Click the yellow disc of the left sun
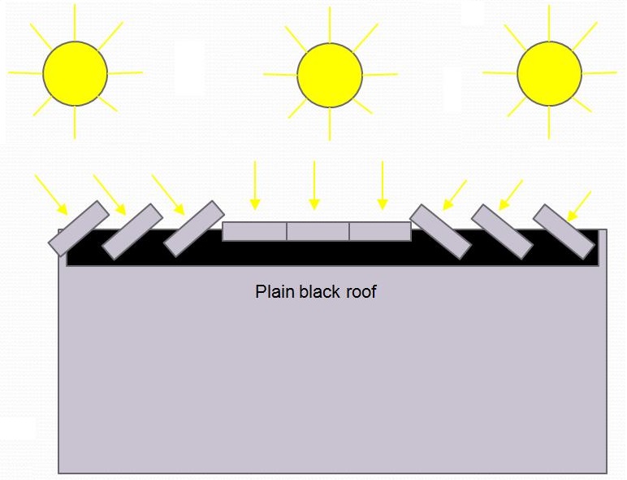tap(76, 73)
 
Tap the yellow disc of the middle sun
tap(330, 75)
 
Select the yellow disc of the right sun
tap(549, 73)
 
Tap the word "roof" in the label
tap(361, 291)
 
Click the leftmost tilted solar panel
tap(78, 229)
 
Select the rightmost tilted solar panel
tap(564, 232)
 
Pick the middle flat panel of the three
tap(318, 232)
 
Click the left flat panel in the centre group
tap(254, 232)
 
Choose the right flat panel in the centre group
tap(380, 232)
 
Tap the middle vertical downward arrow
tap(314, 185)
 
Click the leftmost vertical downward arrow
tap(255, 185)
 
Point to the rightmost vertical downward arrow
tap(383, 185)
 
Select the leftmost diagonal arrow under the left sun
tap(51, 194)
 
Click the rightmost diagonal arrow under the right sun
tap(579, 207)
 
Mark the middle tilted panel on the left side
tap(132, 232)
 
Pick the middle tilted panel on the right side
tap(502, 232)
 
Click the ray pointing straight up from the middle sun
tap(330, 24)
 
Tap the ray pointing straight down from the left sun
tap(75, 123)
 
